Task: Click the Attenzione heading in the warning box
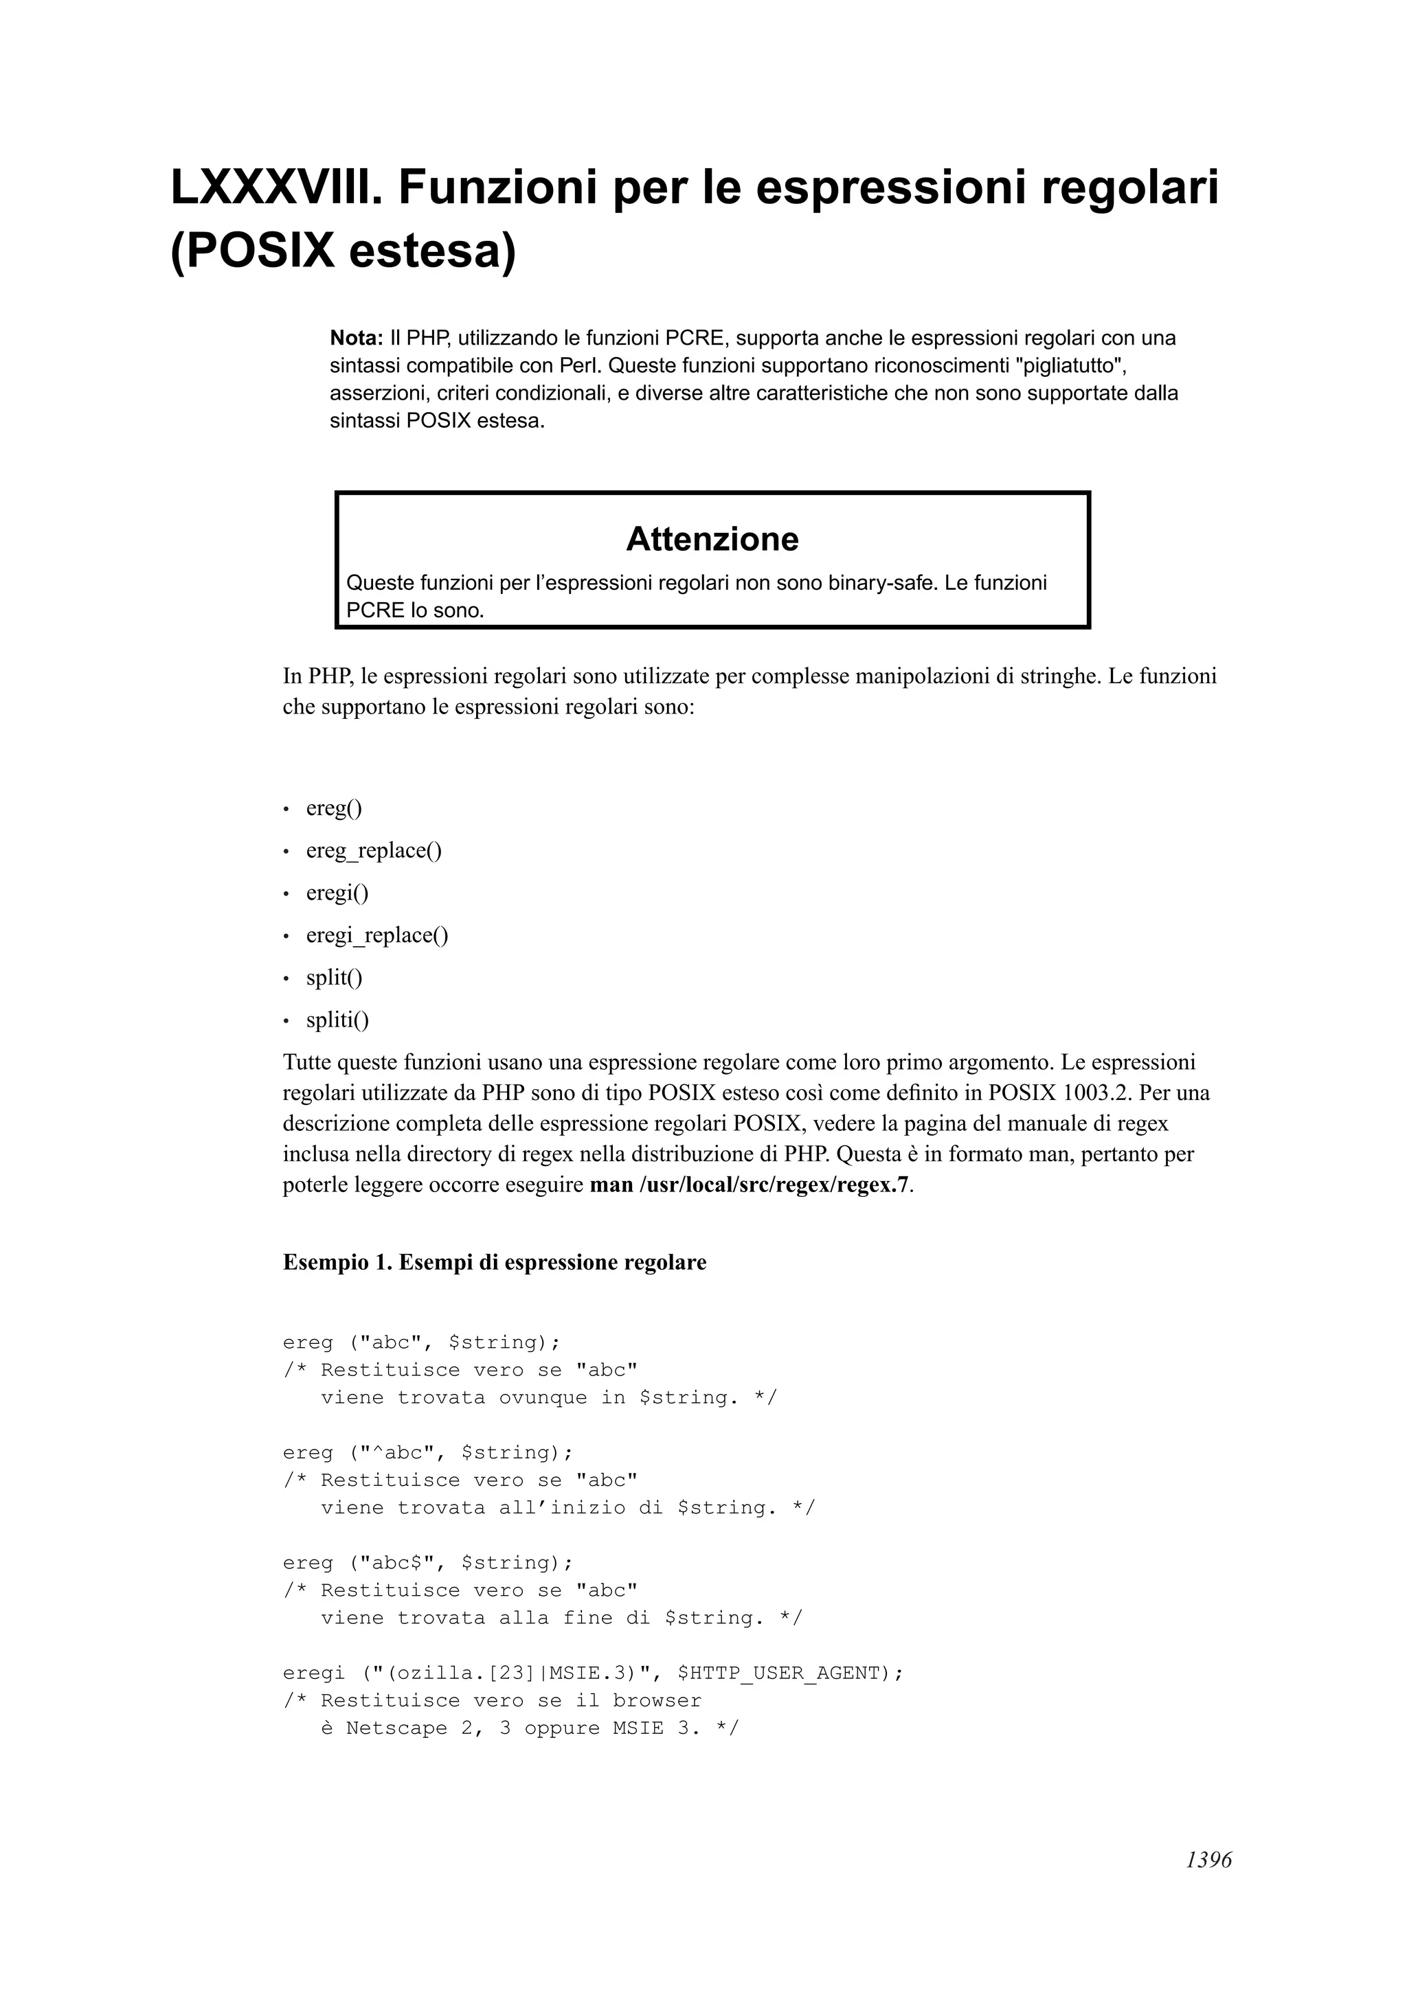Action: (x=712, y=539)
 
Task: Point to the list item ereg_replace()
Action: (x=374, y=850)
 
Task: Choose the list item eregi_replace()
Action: (x=377, y=935)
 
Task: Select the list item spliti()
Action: (x=337, y=1020)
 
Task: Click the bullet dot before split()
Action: (x=286, y=979)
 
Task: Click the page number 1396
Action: (x=1208, y=1884)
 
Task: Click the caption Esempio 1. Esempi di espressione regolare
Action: (x=494, y=1262)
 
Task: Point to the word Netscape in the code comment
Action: (x=396, y=1728)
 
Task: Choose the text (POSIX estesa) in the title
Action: (x=344, y=251)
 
